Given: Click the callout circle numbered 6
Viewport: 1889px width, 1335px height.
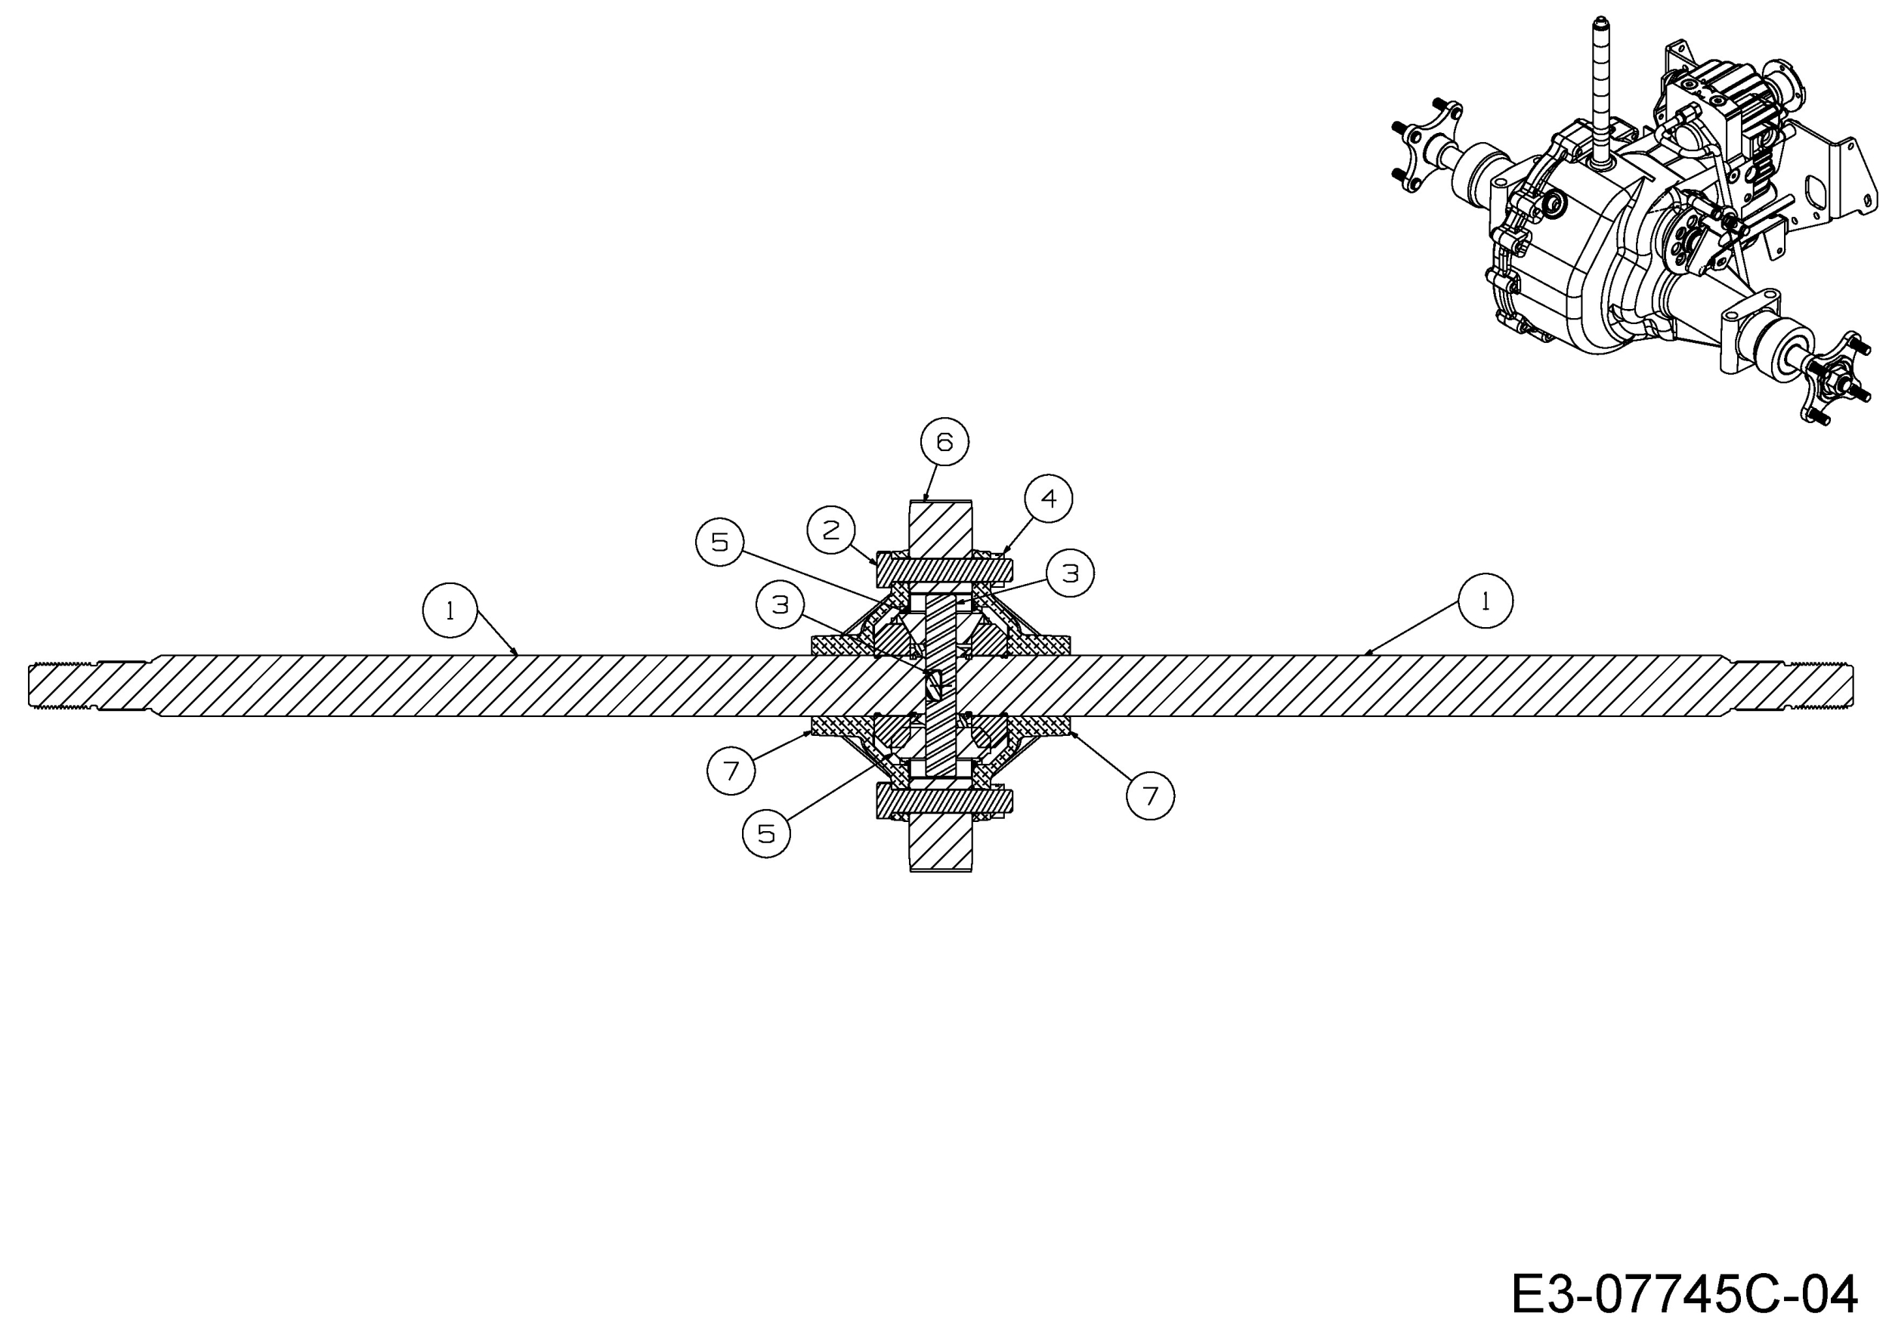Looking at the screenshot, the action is coord(944,442).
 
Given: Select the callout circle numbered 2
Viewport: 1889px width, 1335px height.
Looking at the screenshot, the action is coord(831,530).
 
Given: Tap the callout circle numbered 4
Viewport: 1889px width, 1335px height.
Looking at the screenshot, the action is coord(1048,498).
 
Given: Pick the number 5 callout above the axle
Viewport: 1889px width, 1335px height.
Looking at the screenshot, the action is coord(720,541).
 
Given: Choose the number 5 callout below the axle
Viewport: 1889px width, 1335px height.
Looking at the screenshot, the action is coord(766,833).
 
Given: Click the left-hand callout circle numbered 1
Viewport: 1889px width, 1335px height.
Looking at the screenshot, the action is coord(450,610).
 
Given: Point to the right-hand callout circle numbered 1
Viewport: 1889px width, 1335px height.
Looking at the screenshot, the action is coord(1485,601).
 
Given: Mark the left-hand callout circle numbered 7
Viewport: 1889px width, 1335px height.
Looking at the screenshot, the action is coord(731,770).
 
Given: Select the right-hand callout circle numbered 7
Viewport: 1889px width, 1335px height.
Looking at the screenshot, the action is coord(1149,796).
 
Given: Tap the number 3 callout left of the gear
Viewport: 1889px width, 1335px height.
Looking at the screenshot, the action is coord(780,604).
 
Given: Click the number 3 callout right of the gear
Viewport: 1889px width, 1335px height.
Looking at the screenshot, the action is coord(1070,573).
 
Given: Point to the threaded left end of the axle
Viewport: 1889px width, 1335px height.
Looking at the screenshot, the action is coord(63,685).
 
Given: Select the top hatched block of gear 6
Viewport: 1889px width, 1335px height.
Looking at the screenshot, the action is coord(941,528).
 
